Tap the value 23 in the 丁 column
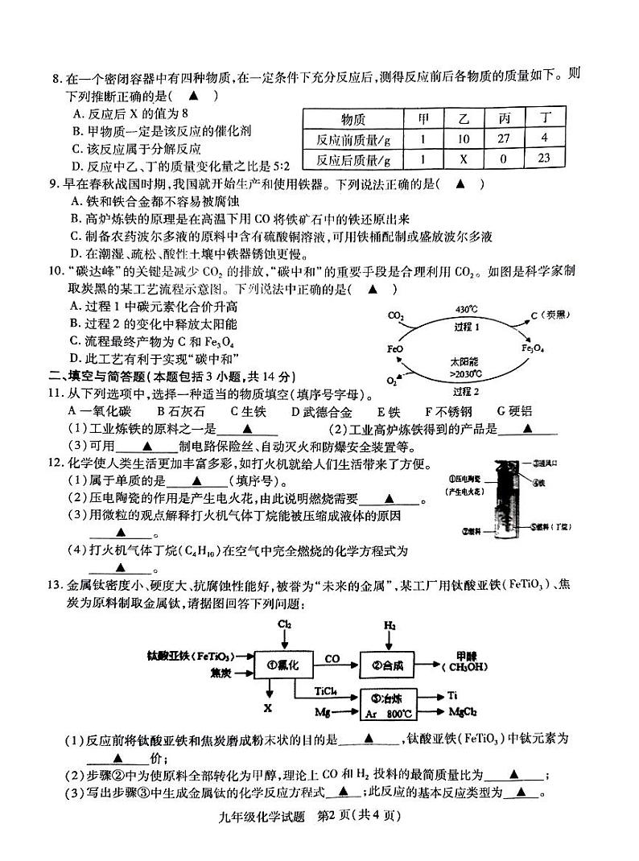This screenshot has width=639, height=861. pyautogui.click(x=544, y=158)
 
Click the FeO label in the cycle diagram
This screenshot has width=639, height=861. pyautogui.click(x=395, y=350)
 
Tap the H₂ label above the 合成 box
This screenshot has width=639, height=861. pyautogui.click(x=390, y=624)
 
